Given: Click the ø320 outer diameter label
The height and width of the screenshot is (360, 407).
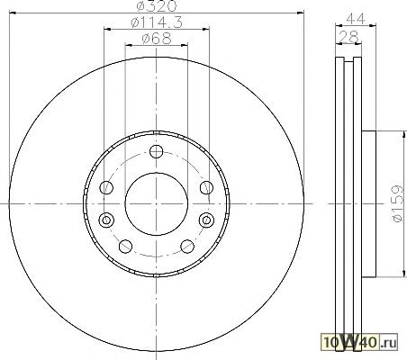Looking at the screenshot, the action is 157,5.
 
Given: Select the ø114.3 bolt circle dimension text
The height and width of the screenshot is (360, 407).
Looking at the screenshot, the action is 157,22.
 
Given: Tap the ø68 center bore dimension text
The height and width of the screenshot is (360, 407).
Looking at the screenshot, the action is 157,39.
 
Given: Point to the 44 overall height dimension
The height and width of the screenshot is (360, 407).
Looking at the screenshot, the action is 356,19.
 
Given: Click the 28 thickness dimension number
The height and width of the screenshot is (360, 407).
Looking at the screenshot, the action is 348,37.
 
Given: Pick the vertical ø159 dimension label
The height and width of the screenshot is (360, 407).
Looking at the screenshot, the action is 397,203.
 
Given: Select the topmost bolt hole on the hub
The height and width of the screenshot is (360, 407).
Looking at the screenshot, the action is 156,151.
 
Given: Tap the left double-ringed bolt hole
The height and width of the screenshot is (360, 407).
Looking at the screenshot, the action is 106,220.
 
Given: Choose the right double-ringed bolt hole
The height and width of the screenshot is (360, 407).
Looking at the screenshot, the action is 206,220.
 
